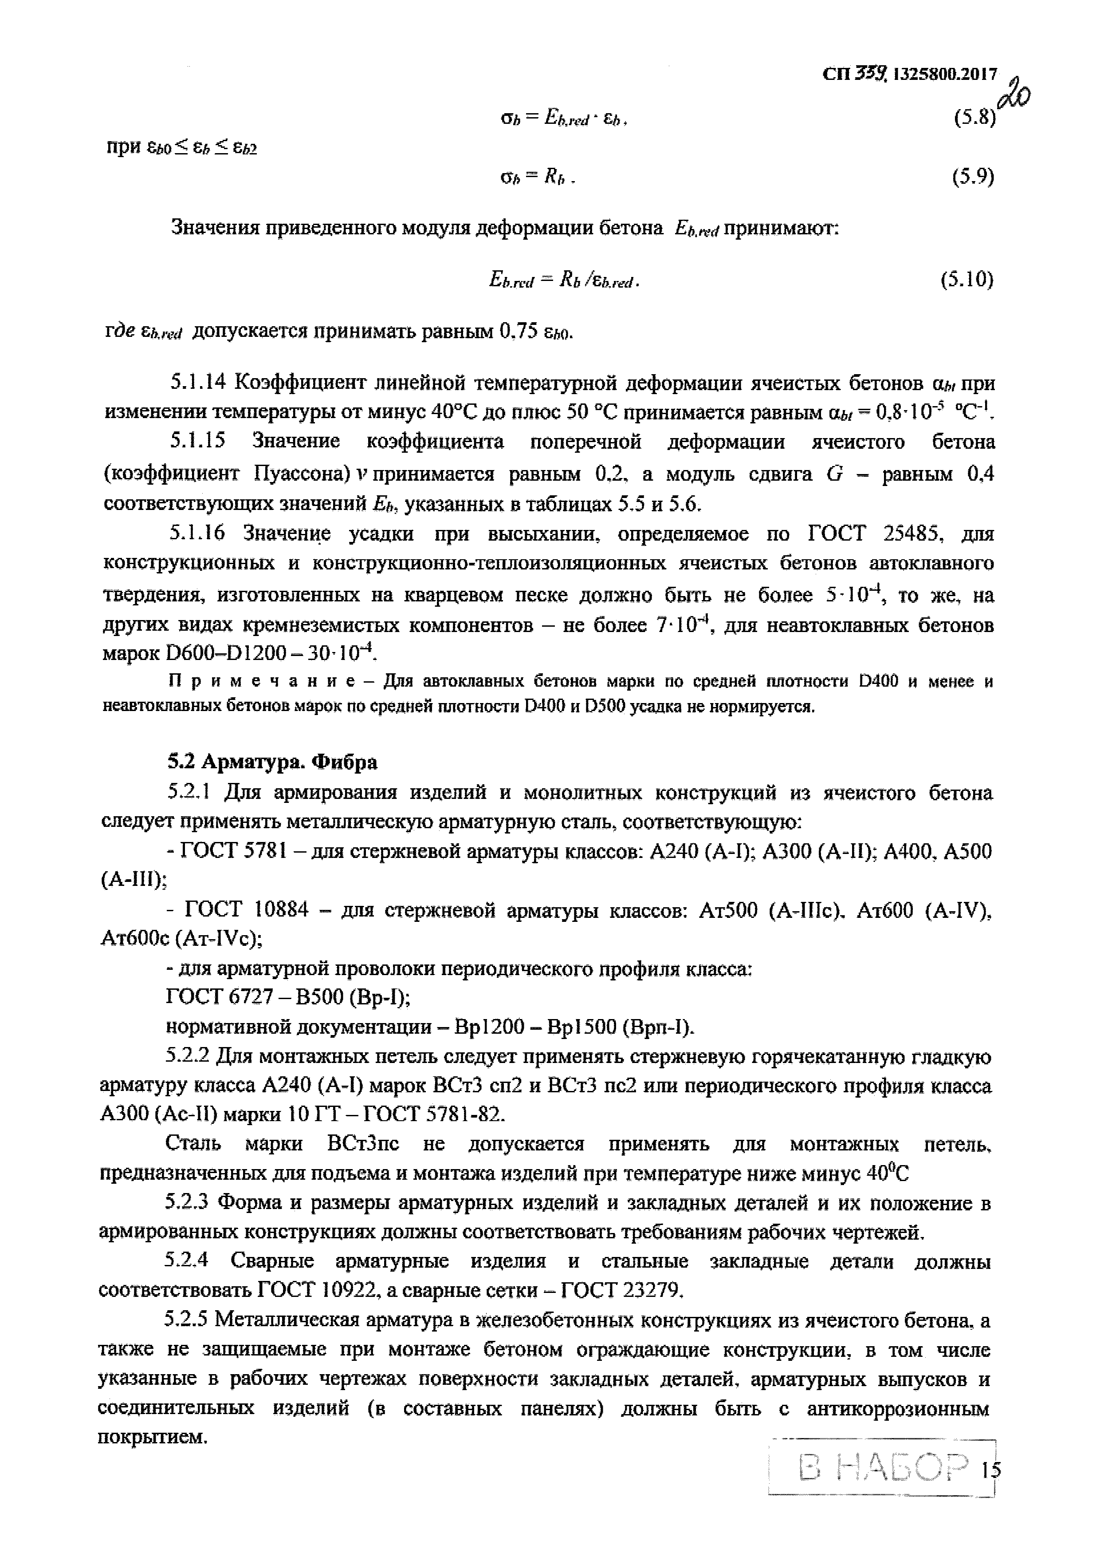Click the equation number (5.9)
pyautogui.click(x=973, y=177)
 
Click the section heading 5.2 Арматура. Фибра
pyautogui.click(x=272, y=762)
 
